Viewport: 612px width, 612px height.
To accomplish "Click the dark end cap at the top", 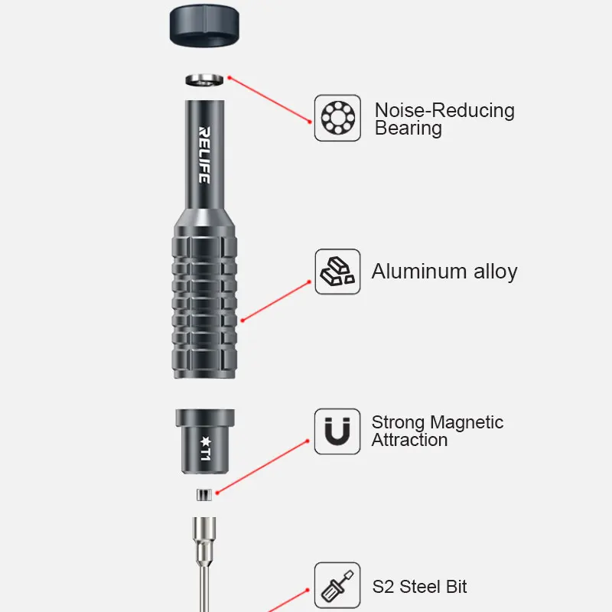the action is (x=204, y=25).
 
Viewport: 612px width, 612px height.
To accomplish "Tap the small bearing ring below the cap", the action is (x=204, y=80).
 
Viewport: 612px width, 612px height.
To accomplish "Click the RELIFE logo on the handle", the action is (x=204, y=155).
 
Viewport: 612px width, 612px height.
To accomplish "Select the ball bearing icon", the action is (x=337, y=118).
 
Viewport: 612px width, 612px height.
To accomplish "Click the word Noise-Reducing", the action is (x=444, y=110).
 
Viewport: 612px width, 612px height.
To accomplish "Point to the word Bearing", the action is (x=409, y=128).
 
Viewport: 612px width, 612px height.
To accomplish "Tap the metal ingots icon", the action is (x=337, y=272).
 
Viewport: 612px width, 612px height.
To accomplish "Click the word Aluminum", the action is (x=419, y=272).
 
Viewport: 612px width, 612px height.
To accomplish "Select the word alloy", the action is (x=496, y=272).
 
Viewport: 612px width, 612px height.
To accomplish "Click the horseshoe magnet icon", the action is (x=337, y=431).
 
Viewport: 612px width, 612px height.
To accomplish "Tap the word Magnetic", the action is (x=467, y=423).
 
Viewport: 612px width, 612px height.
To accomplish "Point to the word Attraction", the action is (x=409, y=440).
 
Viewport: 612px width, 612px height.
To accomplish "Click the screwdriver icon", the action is (x=337, y=586).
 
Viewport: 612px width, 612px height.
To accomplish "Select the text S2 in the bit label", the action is (x=383, y=587).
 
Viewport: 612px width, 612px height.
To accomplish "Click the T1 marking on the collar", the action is (x=205, y=449).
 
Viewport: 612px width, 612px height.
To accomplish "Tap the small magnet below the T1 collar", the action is (x=204, y=494).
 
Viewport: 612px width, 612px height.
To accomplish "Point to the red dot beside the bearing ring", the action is (x=229, y=78).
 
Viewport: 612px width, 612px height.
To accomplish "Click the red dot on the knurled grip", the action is (x=243, y=321).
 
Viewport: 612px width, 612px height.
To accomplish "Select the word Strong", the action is (x=398, y=423).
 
